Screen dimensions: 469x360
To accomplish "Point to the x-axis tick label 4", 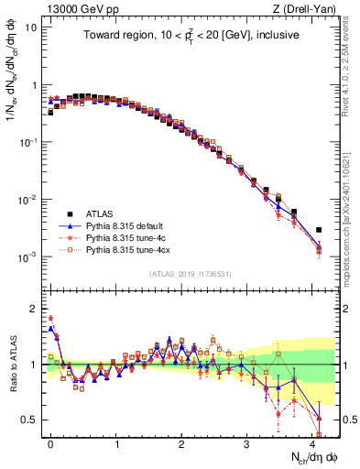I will (312, 442).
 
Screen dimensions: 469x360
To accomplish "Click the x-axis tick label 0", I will (51, 442).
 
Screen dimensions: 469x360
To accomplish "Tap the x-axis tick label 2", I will (181, 442).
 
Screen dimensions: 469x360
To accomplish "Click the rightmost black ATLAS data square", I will (319, 230).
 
